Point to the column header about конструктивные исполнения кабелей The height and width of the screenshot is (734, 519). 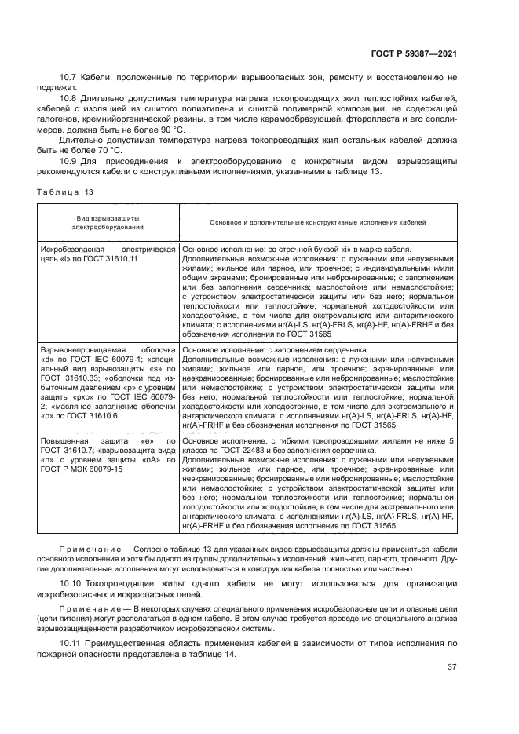[317, 222]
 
